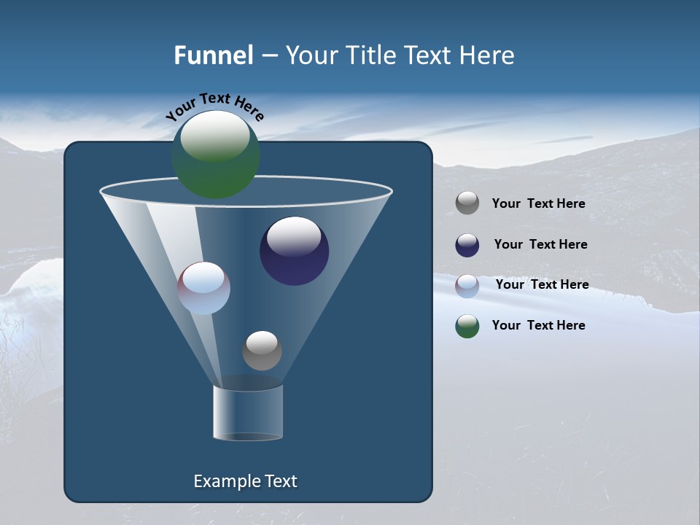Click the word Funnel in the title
tap(213, 55)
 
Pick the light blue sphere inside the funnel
tap(204, 289)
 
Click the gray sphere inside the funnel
tap(262, 351)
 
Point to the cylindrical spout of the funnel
tap(248, 413)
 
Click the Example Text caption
tap(245, 481)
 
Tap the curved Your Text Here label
tap(215, 106)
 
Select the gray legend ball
tap(467, 203)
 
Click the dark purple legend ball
tap(467, 245)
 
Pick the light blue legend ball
tap(467, 285)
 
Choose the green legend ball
tap(467, 326)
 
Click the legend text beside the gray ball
tap(538, 204)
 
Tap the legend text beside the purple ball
tap(540, 245)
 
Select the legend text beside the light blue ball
tap(542, 285)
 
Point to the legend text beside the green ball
tap(538, 326)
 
